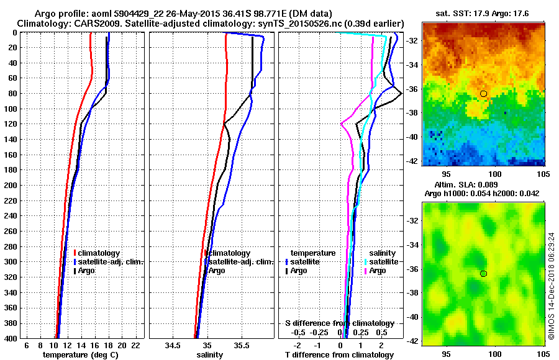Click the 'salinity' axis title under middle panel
coord(209,355)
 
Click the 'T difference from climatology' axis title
coord(339,355)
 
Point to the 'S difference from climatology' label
coord(339,323)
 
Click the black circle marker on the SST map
coord(483,94)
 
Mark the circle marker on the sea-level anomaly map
coord(483,273)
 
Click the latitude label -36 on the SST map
coord(412,89)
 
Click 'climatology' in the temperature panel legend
coord(100,253)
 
